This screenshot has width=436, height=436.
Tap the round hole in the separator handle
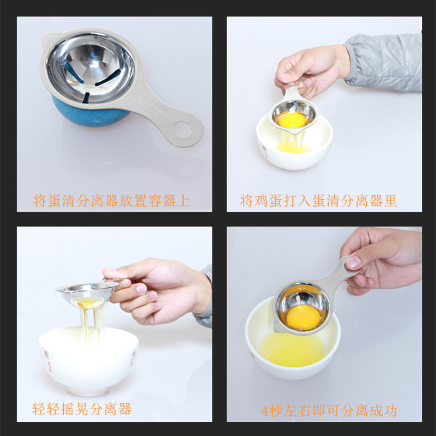183,129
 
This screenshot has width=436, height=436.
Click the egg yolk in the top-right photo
292,120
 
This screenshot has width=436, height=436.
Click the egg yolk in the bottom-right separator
303,318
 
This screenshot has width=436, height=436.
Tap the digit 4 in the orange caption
265,411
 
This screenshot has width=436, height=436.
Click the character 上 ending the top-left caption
184,201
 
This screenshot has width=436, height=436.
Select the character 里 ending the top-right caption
390,201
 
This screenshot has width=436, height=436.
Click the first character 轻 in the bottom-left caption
39,409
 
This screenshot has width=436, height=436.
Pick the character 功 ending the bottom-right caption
390,411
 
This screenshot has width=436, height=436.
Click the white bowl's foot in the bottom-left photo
88,391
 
